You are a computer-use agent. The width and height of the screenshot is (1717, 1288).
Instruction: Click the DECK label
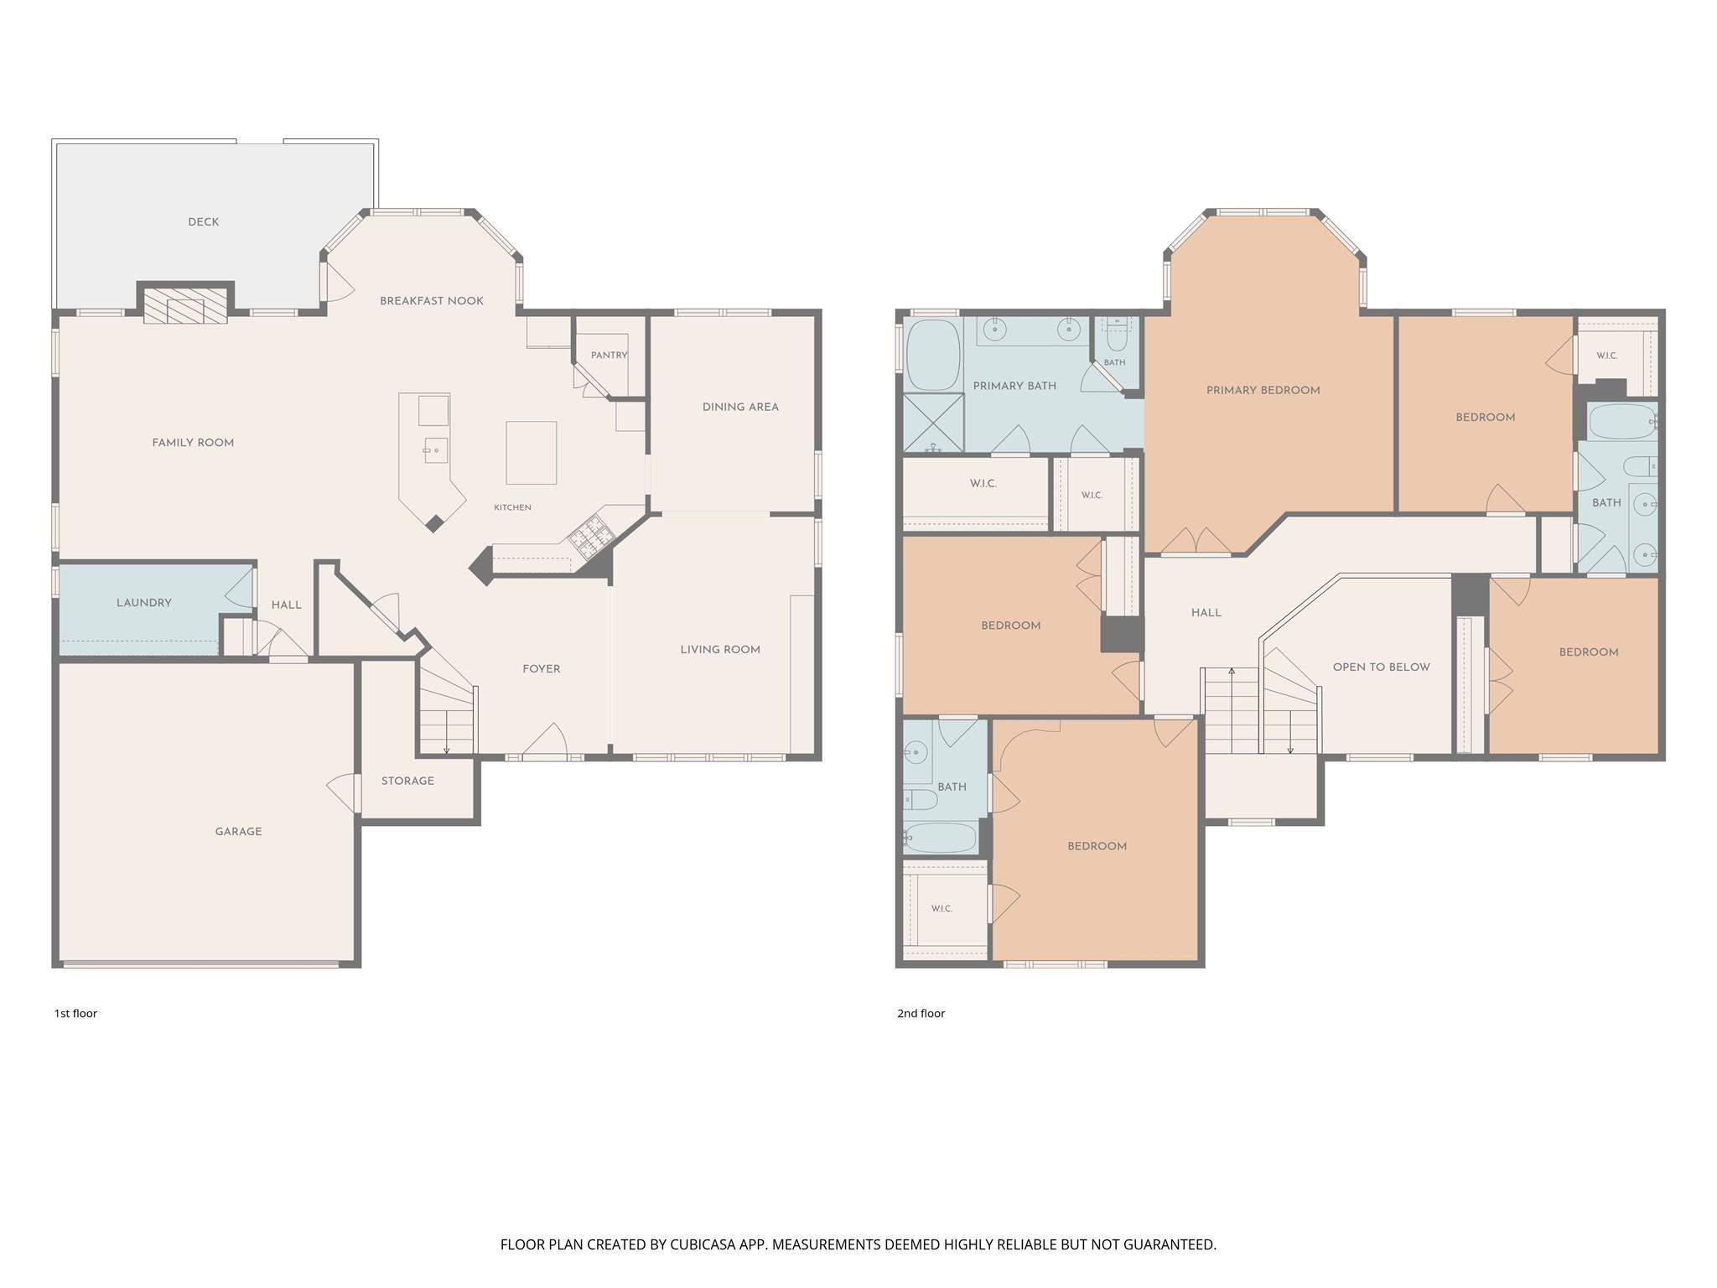204,222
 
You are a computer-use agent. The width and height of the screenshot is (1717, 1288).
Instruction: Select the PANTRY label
610,356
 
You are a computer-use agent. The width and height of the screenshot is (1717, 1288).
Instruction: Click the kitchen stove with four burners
591,538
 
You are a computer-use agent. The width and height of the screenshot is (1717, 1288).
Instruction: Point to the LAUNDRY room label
144,603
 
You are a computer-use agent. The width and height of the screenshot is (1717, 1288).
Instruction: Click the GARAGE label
239,832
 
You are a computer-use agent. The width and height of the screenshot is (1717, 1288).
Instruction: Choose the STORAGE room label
408,781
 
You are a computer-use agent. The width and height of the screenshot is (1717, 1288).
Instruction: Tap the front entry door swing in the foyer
545,740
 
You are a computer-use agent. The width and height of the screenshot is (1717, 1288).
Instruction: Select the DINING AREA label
741,408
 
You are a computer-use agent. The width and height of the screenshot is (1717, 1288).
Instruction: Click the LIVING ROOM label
721,650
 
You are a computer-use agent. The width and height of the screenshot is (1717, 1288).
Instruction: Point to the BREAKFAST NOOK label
432,301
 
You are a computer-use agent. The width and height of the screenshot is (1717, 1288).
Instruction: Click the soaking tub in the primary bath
933,355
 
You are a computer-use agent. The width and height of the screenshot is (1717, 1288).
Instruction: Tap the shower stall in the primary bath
933,423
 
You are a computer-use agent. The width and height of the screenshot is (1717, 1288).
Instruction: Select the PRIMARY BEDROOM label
1263,391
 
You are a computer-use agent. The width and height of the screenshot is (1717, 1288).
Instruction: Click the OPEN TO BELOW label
1382,667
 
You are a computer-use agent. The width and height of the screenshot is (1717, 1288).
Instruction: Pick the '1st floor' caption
76,1014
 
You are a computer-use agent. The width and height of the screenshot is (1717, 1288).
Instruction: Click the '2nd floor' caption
921,1014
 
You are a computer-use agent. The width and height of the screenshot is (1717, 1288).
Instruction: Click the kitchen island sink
435,450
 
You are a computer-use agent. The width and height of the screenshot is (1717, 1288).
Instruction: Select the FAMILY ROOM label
194,443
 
